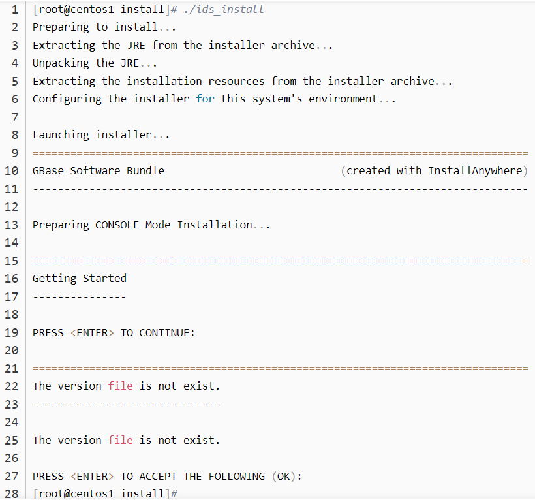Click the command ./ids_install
[224, 10]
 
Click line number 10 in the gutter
[11, 171]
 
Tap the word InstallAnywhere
[475, 171]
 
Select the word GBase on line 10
[48, 171]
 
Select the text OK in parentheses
[284, 477]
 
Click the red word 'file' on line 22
[120, 386]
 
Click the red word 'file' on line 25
[120, 441]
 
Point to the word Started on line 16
[104, 279]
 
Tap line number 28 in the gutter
[11, 493]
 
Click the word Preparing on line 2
[61, 27]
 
